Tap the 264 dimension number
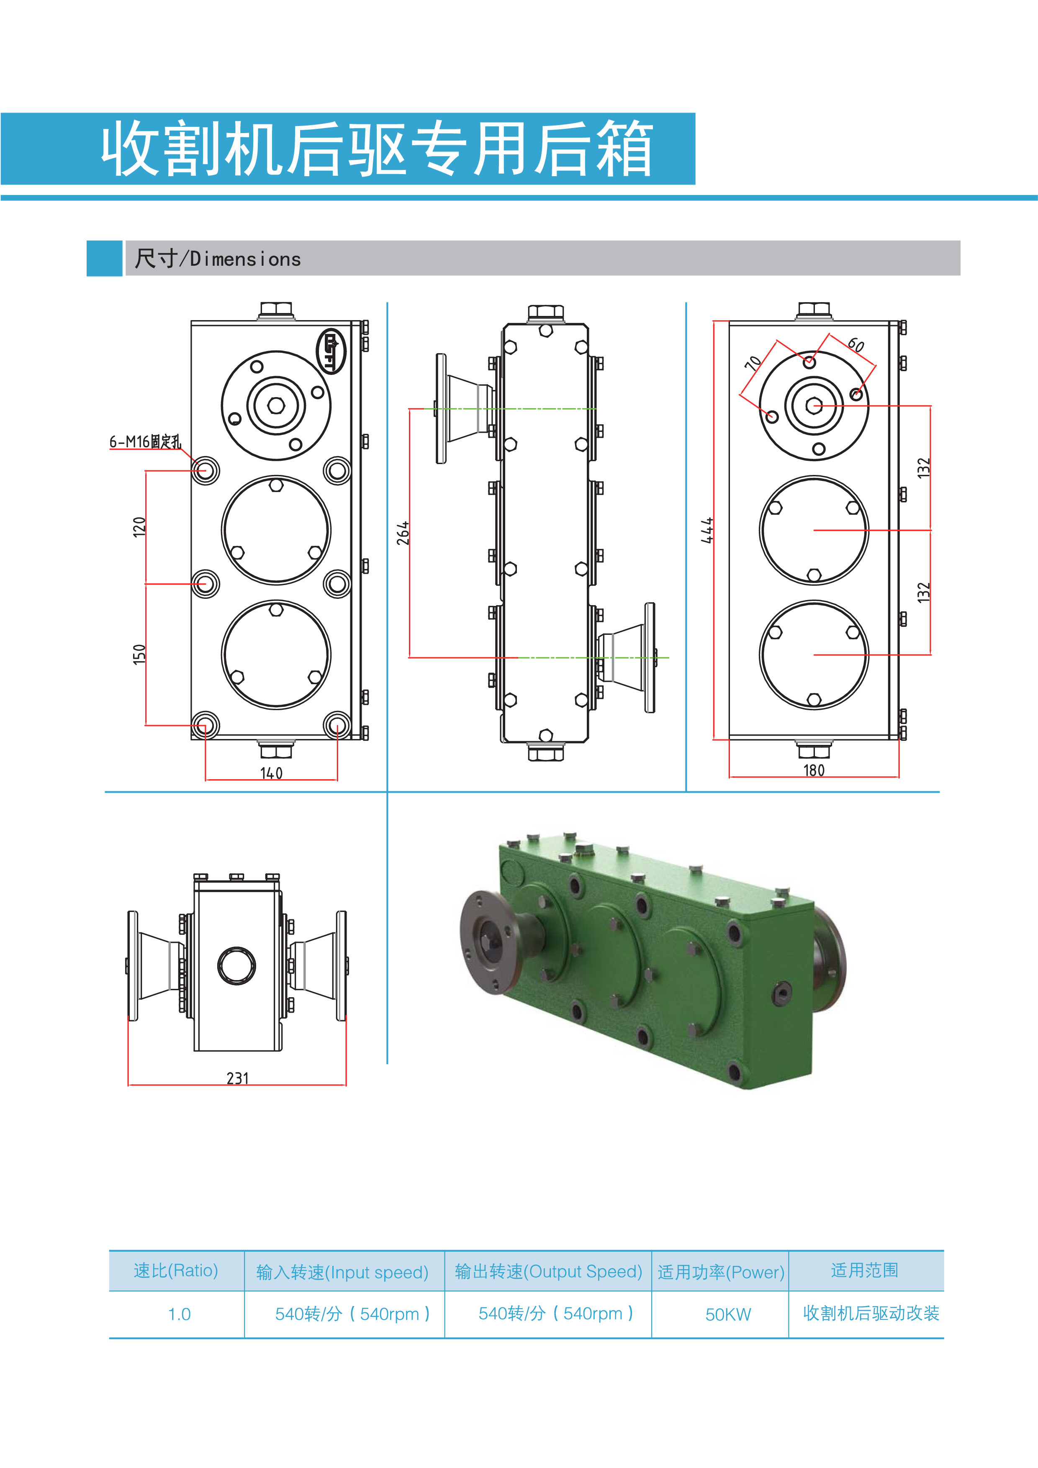pos(403,533)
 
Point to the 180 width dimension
pos(814,770)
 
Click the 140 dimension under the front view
pos(271,773)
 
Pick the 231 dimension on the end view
pos(237,1078)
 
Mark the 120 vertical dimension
pos(139,527)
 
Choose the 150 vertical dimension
pos(139,654)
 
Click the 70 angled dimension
pos(753,362)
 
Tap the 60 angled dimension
pos(856,345)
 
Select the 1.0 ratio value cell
pos(179,1314)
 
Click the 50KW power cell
pos(728,1314)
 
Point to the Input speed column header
pos(342,1272)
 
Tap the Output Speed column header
pos(548,1272)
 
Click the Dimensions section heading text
pos(218,259)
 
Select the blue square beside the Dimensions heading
pos(104,258)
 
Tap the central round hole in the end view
pos(236,965)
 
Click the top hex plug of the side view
pos(545,313)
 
